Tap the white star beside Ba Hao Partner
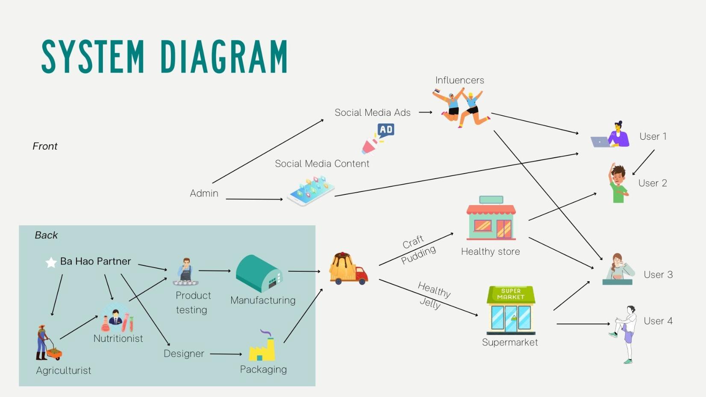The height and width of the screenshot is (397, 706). coord(51,262)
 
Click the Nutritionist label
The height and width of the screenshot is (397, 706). coord(118,338)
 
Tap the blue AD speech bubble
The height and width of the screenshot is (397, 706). coord(386,130)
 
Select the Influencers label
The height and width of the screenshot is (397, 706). coord(459,80)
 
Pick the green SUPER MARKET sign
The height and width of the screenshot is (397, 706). coord(511,294)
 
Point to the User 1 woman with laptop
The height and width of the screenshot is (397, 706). coord(611,136)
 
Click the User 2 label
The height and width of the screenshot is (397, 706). coord(652,183)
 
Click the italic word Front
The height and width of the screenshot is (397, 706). coord(45,146)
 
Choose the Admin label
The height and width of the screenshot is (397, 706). coord(204,194)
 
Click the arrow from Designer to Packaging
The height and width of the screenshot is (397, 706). coord(226,354)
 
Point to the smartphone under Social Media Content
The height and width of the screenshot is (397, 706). coord(311,191)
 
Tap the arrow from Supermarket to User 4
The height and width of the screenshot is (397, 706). coord(583,324)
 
